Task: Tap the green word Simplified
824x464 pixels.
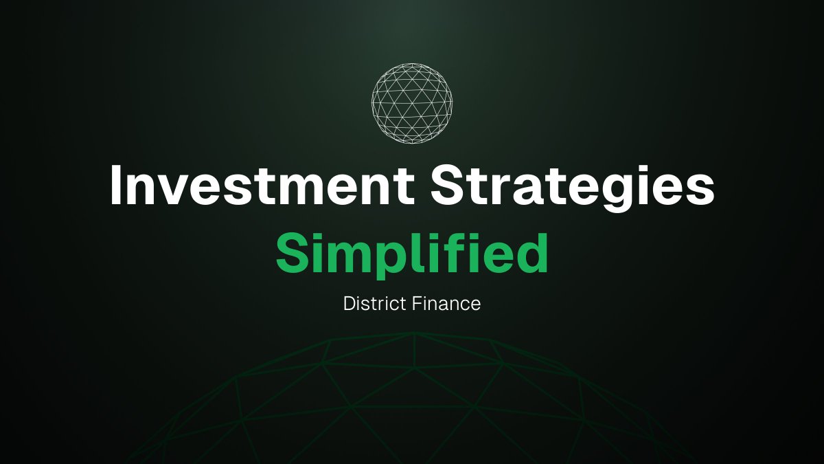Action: pyautogui.click(x=412, y=253)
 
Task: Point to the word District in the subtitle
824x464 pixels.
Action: pyautogui.click(x=374, y=303)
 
